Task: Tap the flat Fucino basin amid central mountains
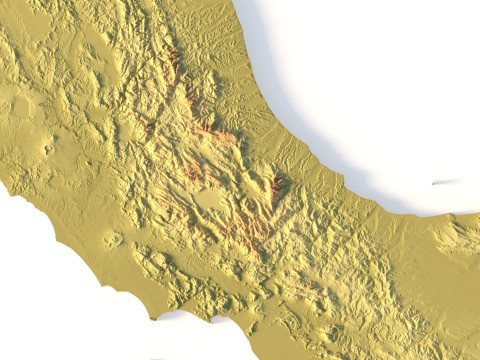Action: coord(211,200)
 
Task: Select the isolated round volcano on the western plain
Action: coord(112,240)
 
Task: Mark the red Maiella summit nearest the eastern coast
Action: coord(275,184)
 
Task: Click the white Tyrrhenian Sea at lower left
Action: coord(50,290)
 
